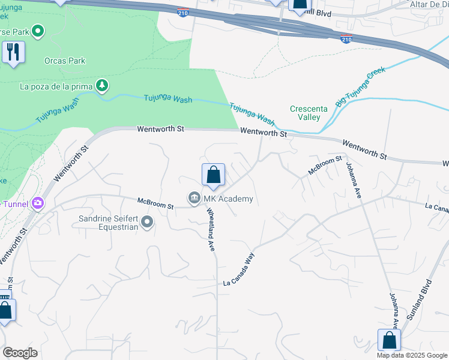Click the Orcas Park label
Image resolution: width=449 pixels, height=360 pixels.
click(65, 61)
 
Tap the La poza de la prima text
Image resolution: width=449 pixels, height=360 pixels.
click(56, 86)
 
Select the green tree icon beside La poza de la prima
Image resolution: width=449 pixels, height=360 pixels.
click(103, 86)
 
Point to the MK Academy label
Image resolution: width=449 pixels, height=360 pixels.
click(229, 199)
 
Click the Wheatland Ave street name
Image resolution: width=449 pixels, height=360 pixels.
click(211, 229)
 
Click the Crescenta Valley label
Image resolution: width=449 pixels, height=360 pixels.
click(304, 113)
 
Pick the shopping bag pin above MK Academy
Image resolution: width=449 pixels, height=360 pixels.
click(213, 175)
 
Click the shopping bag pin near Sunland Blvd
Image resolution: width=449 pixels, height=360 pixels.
click(390, 340)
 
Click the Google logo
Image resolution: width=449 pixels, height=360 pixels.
click(20, 353)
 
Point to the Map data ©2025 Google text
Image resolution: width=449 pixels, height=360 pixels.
click(412, 355)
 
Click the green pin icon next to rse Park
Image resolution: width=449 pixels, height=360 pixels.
click(38, 31)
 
